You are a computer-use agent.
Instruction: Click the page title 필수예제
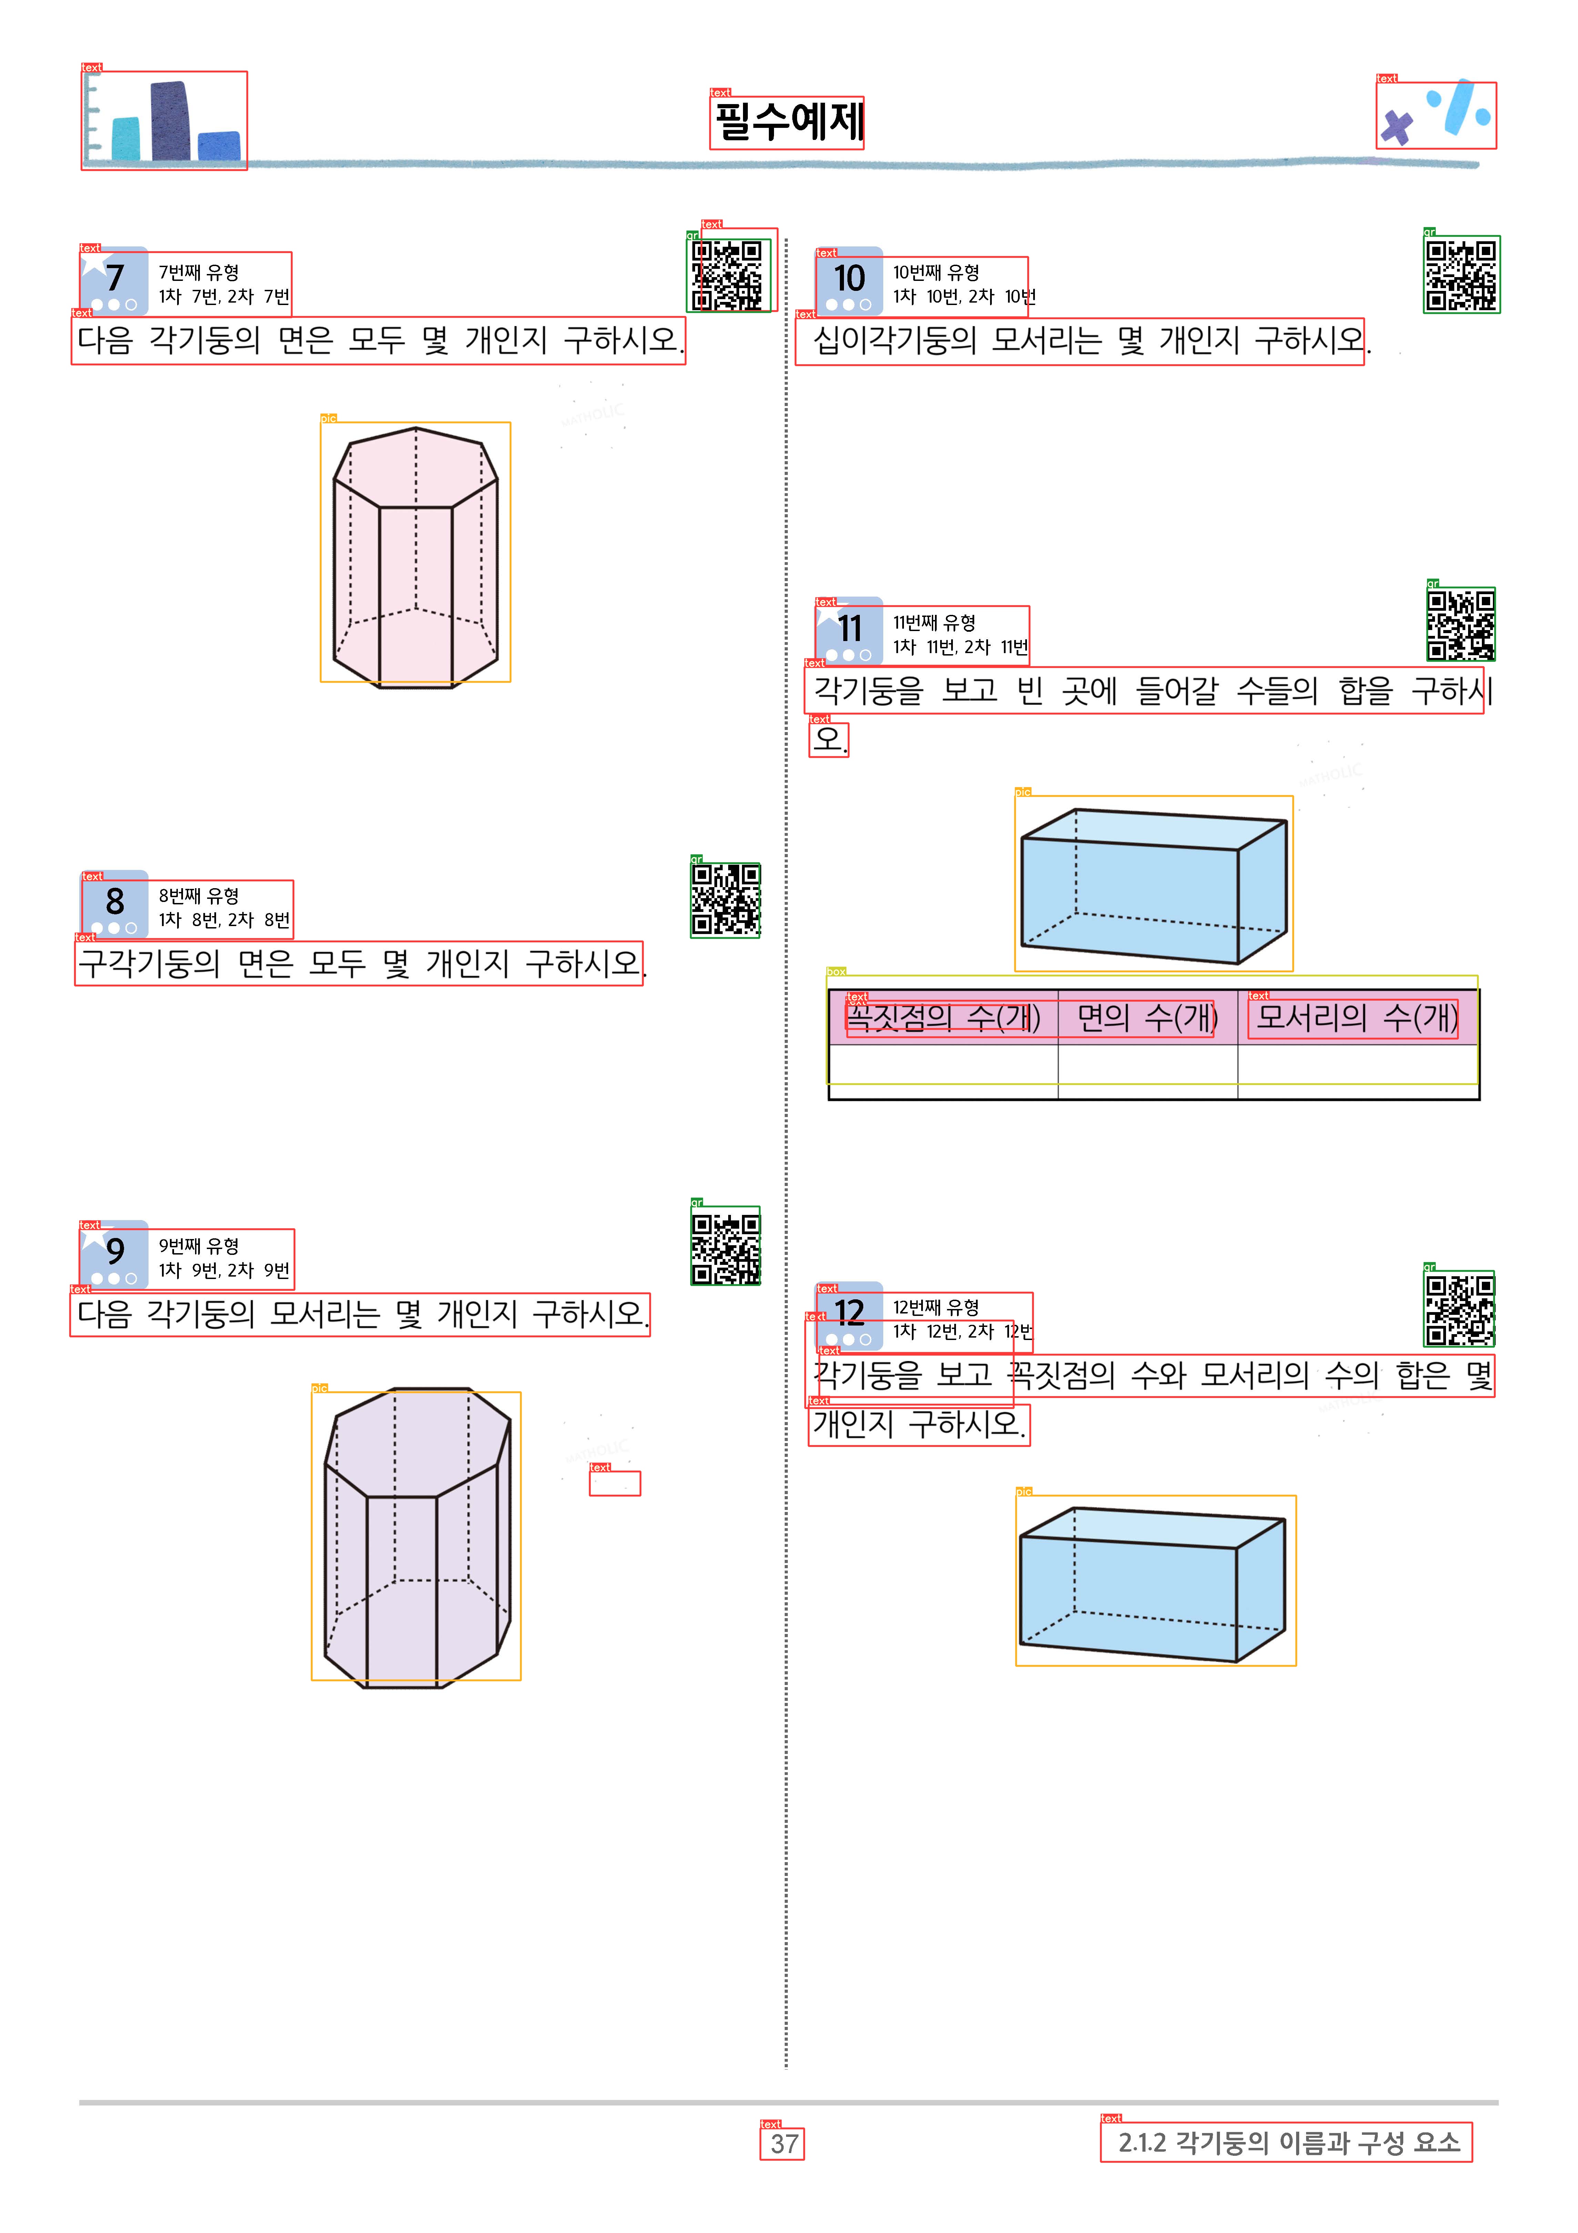click(x=787, y=122)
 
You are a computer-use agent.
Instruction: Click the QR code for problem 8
click(x=725, y=900)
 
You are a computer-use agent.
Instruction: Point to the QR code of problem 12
click(x=1459, y=1309)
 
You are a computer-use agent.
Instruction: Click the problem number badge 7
click(x=114, y=280)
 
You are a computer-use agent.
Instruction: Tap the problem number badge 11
click(x=849, y=630)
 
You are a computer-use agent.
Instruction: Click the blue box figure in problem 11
click(x=1154, y=885)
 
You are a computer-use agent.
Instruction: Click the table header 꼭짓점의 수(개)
click(x=943, y=1017)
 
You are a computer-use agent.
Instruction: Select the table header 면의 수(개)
click(x=1147, y=1017)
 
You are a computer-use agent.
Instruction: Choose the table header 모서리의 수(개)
click(x=1357, y=1017)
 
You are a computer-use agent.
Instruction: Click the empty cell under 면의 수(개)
click(x=1147, y=1072)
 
